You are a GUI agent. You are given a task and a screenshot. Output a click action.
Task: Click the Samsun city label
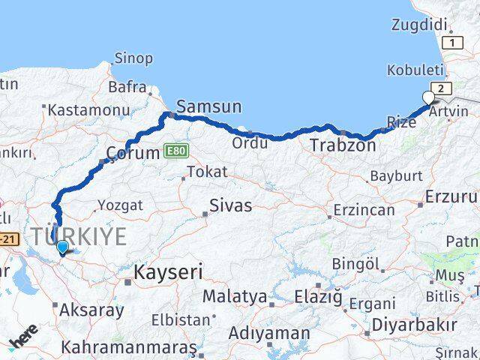pos(209,107)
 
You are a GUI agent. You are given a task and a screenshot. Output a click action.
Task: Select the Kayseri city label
pos(168,271)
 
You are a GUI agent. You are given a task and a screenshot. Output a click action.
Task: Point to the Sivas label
pos(230,205)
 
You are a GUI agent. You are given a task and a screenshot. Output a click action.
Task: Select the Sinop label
pos(133,58)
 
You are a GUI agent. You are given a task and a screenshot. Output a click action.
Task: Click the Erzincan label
pos(364,210)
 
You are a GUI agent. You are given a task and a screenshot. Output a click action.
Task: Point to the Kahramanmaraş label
pos(128,348)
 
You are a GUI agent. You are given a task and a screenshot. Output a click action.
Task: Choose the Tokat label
pos(207,172)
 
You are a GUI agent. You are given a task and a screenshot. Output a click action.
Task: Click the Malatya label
pos(235,296)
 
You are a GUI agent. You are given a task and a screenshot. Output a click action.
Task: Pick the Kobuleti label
pos(415,70)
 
